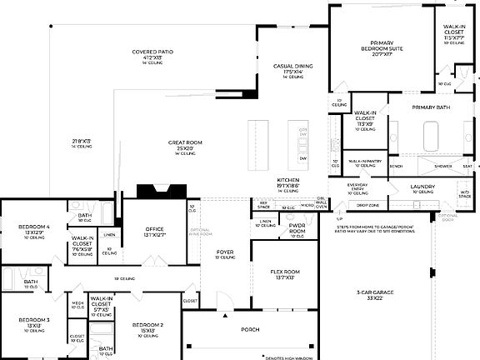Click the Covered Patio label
[151, 52]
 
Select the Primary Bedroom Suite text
[387, 47]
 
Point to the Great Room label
[184, 142]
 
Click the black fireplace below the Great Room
[157, 191]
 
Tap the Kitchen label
[288, 181]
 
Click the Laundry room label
[422, 187]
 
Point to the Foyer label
[226, 252]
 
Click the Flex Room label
[285, 272]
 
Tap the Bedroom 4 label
[35, 227]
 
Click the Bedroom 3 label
[33, 320]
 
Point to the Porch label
[251, 330]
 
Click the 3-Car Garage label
[375, 292]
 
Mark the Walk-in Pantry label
[365, 161]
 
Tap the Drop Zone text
[367, 204]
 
